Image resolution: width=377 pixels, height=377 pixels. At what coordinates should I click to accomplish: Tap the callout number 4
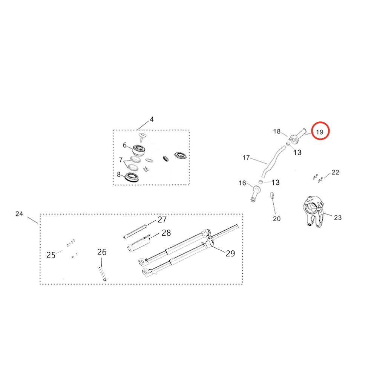click(x=152, y=120)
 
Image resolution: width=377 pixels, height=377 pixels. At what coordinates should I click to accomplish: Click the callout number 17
click(x=246, y=158)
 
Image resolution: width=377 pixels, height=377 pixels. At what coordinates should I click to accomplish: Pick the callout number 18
click(x=277, y=131)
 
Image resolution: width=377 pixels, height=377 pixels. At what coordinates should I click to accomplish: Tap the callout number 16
click(x=242, y=183)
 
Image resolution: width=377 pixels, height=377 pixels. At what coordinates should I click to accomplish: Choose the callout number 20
click(x=277, y=219)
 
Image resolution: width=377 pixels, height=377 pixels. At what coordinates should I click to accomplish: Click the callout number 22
click(x=335, y=172)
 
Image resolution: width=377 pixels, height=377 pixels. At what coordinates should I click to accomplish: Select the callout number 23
click(x=337, y=217)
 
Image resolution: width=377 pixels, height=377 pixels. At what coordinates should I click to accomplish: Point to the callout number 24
click(x=19, y=214)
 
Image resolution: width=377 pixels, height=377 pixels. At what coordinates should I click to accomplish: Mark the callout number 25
click(x=51, y=255)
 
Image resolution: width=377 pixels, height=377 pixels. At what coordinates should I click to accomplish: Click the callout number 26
click(x=102, y=252)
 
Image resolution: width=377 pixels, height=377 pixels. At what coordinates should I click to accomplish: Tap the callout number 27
click(x=162, y=219)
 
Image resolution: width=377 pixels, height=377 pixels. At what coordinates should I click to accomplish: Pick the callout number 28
click(x=166, y=233)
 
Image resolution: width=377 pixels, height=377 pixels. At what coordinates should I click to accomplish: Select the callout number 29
click(x=230, y=253)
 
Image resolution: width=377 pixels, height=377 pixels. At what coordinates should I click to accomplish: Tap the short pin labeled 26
click(x=102, y=273)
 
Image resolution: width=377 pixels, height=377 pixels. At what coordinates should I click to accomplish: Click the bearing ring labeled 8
click(x=132, y=176)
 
